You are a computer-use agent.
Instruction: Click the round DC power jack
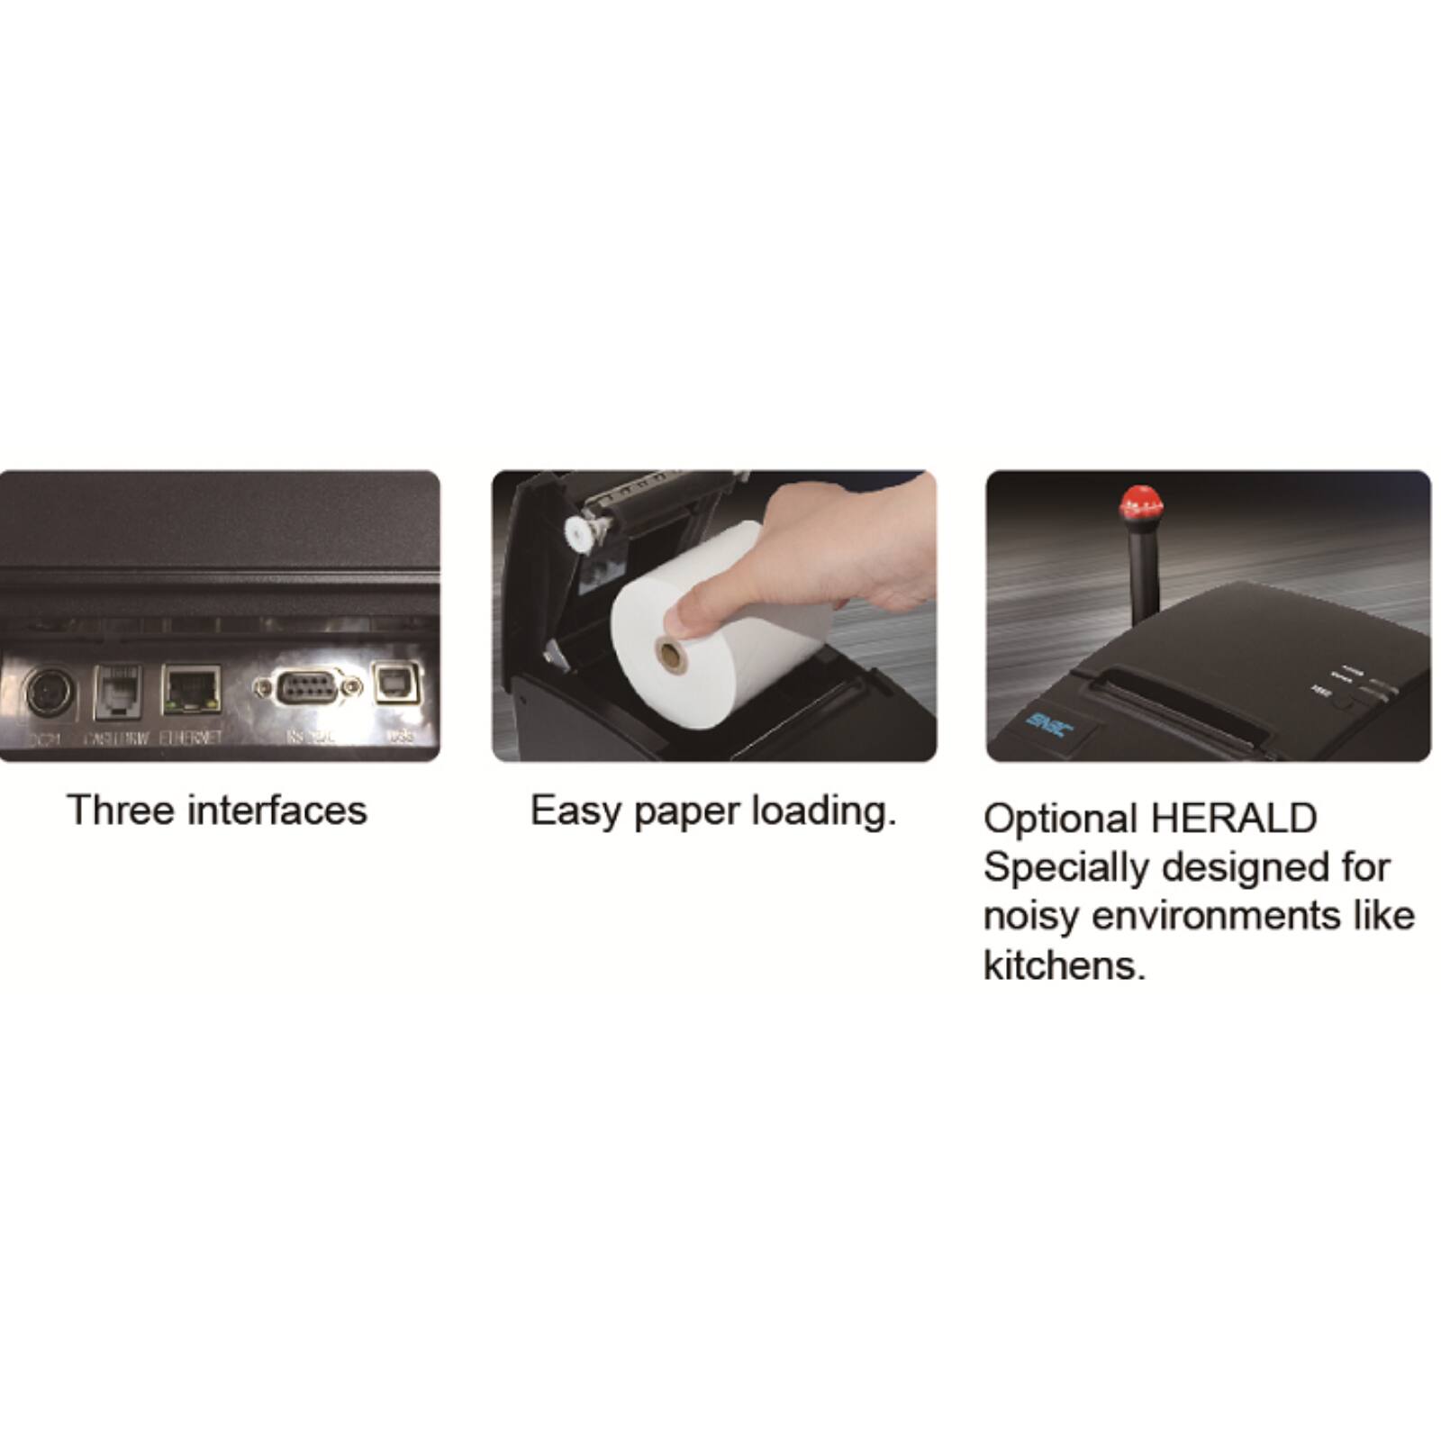tap(49, 693)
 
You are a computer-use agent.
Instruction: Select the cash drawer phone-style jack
tap(117, 691)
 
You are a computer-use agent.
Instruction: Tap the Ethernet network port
tap(191, 690)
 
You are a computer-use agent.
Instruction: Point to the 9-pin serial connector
tap(307, 689)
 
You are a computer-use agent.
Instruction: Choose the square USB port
tap(397, 685)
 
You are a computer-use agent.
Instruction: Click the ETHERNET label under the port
tap(191, 738)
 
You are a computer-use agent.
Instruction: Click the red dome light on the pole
tap(1140, 503)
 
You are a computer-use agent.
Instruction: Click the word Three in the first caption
tap(120, 811)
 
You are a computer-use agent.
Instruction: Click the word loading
tap(824, 812)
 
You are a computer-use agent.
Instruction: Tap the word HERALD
tap(1234, 819)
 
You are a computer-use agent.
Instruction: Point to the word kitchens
tap(1064, 965)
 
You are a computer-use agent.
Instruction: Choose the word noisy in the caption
tap(1030, 917)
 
